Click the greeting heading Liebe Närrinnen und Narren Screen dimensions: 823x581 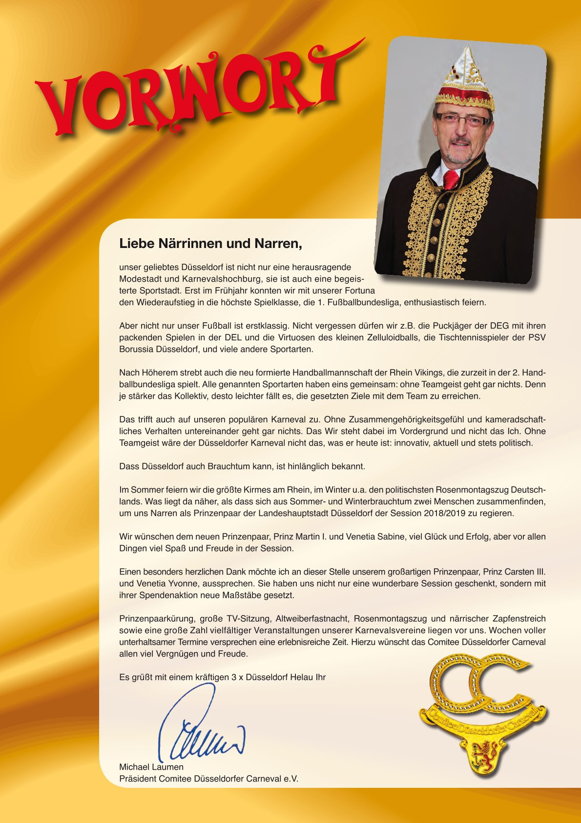coord(210,243)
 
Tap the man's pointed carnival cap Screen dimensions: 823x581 coord(465,78)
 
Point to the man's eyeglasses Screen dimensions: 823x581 coord(462,119)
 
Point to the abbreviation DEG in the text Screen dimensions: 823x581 coord(499,326)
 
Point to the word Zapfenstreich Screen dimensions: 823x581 coord(519,618)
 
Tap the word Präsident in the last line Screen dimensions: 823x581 coord(138,779)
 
